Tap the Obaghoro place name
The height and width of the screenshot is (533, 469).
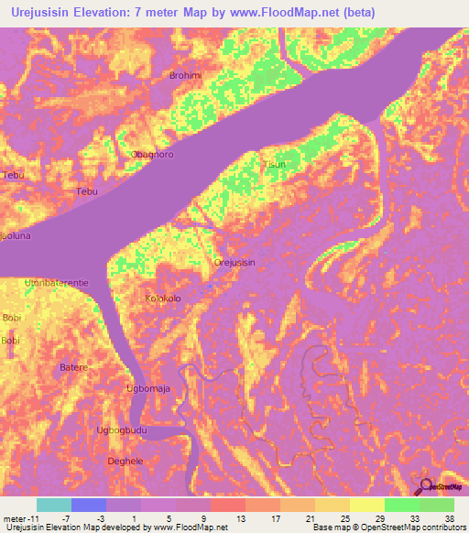[x=153, y=155]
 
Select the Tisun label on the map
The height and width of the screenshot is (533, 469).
[x=275, y=165]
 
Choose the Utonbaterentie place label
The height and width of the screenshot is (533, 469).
[x=57, y=283]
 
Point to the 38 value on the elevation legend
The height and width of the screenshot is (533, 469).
[x=449, y=517]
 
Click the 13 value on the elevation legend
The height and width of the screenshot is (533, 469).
[x=240, y=517]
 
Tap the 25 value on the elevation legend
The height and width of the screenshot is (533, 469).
[x=344, y=517]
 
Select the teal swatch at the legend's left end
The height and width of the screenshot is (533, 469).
[x=54, y=505]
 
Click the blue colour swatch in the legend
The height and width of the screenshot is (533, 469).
[x=89, y=505]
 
